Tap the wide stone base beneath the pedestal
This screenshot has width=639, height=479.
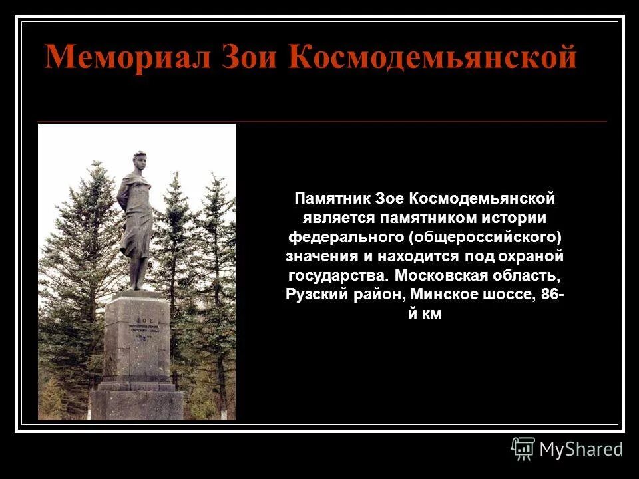136,404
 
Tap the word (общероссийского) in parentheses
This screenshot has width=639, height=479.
485,237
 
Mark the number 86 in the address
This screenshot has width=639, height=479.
550,295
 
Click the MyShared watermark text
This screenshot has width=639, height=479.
581,449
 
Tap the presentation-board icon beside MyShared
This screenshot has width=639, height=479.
523,449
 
